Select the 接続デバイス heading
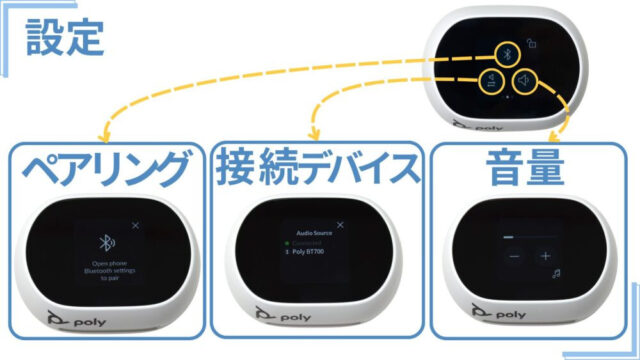[x=318, y=171]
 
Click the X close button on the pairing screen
[x=136, y=226]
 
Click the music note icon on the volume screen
[x=557, y=271]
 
